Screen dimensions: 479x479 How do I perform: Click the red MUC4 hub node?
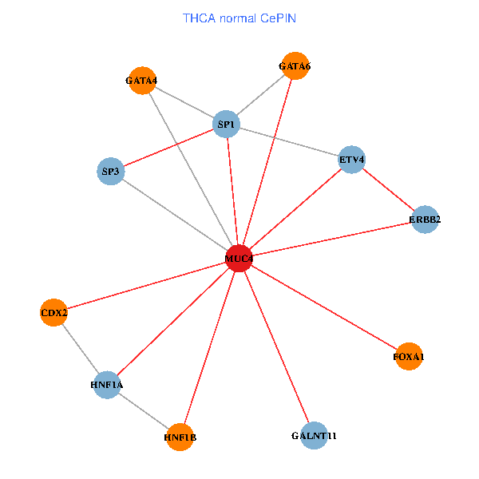coord(239,259)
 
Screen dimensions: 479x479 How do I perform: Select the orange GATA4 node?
coord(141,80)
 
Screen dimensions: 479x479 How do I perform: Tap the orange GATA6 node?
coord(295,65)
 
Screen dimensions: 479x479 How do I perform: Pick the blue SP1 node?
coord(227,125)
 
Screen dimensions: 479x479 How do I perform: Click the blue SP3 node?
coord(109,171)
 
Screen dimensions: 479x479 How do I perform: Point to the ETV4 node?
coord(351,160)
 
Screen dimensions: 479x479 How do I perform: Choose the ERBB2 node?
coord(425,220)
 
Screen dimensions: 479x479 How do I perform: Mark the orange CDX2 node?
coord(53,312)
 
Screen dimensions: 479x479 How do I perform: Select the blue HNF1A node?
coord(107,386)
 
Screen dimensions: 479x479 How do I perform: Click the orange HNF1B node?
coord(180,437)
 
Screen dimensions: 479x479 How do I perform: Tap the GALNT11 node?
coord(315,436)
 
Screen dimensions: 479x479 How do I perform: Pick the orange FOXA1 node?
coord(408,356)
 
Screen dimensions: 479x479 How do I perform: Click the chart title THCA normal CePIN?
coord(239,18)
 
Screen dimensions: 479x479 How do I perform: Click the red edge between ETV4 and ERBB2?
coord(388,190)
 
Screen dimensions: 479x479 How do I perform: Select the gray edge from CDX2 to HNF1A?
coord(80,349)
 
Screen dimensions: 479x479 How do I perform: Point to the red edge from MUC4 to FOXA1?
coord(323,307)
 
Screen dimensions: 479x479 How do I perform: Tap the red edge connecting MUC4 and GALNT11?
coord(276,347)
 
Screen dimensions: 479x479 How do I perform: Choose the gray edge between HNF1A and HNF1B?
coord(144,411)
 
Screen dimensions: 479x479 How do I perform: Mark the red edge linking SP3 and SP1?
coord(168,148)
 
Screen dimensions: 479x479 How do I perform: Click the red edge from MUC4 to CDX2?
coord(146,285)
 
